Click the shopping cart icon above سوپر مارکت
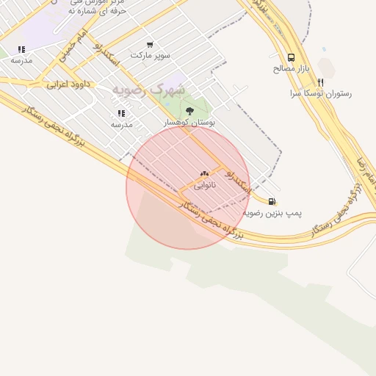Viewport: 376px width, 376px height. pos(150,45)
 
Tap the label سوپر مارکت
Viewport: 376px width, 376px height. pos(150,55)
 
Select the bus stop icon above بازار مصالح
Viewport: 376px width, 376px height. pos(292,57)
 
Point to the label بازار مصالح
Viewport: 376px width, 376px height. pos(292,68)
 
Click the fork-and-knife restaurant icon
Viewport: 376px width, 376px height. pos(320,82)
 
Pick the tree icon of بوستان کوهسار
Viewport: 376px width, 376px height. pos(190,112)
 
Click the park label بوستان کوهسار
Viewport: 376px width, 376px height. pos(190,123)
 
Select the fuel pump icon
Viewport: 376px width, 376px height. pos(272,201)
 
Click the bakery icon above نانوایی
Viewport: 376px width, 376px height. pos(204,175)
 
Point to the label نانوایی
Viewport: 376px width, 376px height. pos(205,186)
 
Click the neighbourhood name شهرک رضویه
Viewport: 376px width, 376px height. pos(148,90)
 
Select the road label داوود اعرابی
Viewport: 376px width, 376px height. pos(68,84)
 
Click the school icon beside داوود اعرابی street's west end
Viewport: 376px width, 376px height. pos(21,50)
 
